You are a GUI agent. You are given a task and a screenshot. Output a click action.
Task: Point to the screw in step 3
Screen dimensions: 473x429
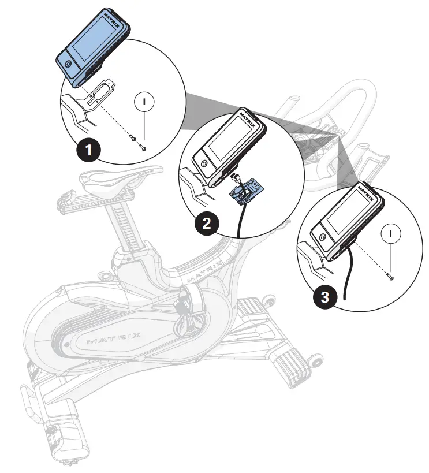391,277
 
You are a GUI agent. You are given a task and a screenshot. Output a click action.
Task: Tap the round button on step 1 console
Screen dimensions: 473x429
69,64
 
